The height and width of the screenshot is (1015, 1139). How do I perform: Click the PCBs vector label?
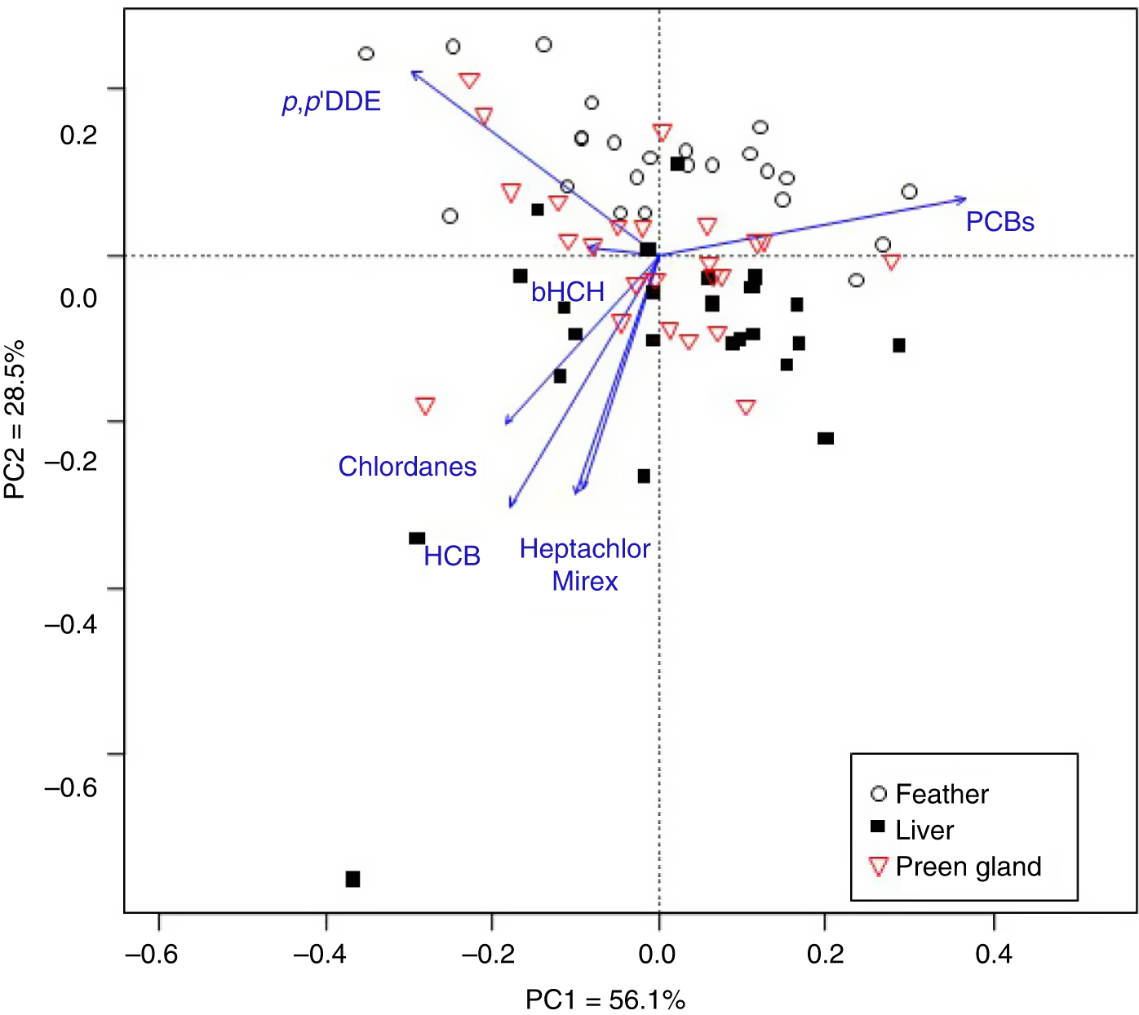click(x=999, y=222)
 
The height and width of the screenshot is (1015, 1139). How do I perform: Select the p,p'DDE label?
click(x=331, y=102)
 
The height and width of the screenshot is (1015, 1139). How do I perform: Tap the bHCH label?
click(x=568, y=291)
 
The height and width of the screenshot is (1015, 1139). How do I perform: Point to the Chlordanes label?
click(x=407, y=467)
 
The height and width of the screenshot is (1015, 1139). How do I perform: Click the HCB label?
click(x=452, y=556)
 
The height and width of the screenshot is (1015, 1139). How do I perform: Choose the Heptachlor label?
click(x=585, y=549)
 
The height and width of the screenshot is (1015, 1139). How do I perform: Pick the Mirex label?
click(x=585, y=582)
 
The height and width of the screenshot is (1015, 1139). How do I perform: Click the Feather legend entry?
click(x=941, y=794)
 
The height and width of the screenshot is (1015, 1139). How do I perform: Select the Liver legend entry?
click(x=924, y=830)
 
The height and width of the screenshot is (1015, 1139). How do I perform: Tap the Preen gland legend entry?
click(x=968, y=867)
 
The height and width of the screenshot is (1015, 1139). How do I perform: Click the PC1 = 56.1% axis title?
click(x=605, y=999)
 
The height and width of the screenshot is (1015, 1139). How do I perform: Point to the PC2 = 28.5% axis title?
click(x=15, y=419)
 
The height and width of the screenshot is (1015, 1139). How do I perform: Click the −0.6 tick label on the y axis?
click(x=71, y=787)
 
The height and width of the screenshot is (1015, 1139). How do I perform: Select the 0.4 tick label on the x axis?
click(x=993, y=954)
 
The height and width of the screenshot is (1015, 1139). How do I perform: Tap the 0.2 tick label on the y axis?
click(x=78, y=135)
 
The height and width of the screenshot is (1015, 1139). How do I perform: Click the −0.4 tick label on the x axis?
click(x=325, y=954)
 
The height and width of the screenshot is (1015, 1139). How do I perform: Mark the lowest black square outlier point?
click(x=352, y=879)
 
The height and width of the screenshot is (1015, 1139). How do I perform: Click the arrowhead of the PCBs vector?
click(x=964, y=199)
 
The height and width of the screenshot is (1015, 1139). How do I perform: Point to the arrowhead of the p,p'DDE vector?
click(x=413, y=73)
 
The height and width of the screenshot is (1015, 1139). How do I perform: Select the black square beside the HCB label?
click(x=417, y=539)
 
